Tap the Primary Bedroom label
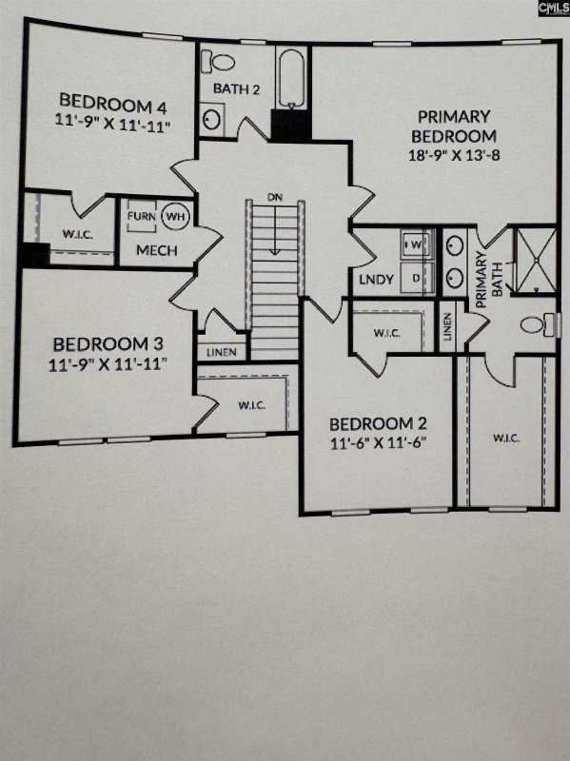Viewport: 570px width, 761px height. pyautogui.click(x=454, y=125)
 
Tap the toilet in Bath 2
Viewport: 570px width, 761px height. pyautogui.click(x=222, y=63)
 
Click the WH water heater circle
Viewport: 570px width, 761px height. pyautogui.click(x=175, y=216)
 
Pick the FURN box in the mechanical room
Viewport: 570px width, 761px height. pyautogui.click(x=142, y=216)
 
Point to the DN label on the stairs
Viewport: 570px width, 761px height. pyautogui.click(x=275, y=197)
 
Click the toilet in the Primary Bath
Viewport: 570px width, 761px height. pyautogui.click(x=537, y=324)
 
